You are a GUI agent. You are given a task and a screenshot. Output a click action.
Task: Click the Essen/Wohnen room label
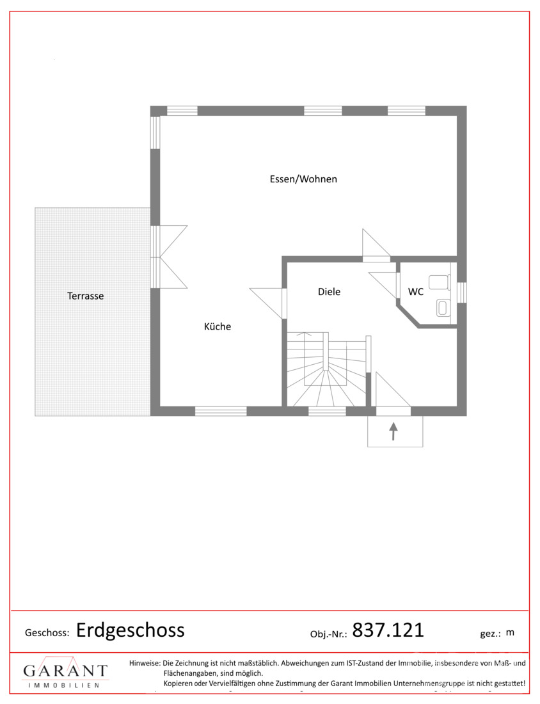click(x=303, y=179)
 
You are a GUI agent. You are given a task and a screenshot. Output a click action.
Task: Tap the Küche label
click(x=218, y=326)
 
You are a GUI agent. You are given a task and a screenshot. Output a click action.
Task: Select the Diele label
click(x=329, y=292)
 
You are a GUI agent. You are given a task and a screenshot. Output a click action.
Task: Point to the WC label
click(x=416, y=292)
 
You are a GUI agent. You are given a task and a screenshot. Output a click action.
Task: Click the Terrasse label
click(x=85, y=296)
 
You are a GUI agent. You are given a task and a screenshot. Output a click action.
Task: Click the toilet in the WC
click(x=440, y=282)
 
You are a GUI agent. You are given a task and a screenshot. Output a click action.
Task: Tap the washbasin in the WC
click(x=443, y=308)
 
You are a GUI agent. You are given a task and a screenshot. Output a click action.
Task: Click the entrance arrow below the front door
click(x=393, y=431)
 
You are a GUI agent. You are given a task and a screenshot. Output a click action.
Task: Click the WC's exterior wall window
click(x=461, y=292)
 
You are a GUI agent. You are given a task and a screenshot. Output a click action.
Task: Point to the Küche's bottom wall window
click(x=220, y=411)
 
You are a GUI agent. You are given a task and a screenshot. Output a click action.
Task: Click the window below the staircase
click(x=327, y=411)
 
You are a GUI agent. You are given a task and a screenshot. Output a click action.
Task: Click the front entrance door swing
click(x=393, y=390)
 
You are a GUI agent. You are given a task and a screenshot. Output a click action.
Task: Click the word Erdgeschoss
click(x=130, y=630)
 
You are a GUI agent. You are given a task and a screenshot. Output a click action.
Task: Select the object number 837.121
click(x=388, y=630)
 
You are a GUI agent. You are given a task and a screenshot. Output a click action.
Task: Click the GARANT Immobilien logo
click(x=65, y=672)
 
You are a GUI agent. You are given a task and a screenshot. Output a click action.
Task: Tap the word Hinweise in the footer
click(x=145, y=662)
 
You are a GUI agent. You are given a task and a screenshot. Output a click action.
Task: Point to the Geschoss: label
click(x=47, y=633)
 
